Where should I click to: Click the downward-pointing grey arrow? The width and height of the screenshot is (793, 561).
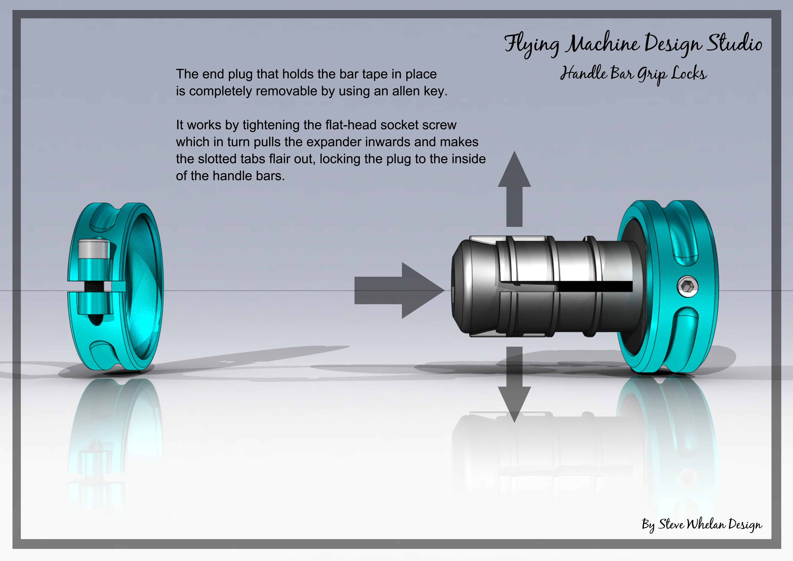(514, 384)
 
